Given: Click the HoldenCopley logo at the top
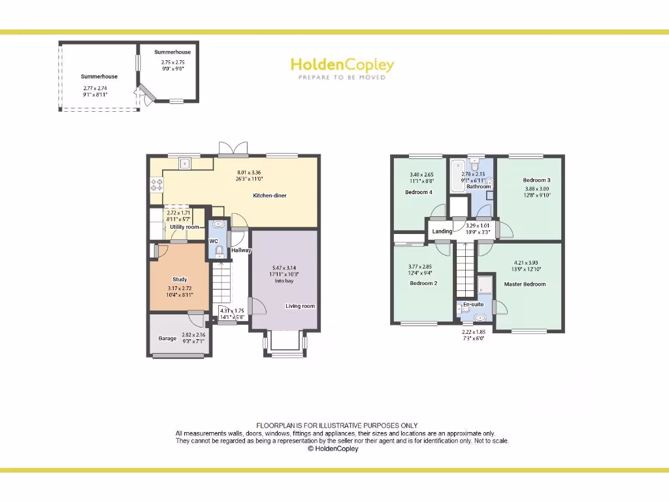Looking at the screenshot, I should (x=342, y=65).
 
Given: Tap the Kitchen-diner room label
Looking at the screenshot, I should (x=270, y=195).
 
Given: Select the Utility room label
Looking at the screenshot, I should (x=185, y=227).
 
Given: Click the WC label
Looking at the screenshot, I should (x=213, y=241).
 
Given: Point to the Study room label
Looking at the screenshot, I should (x=180, y=279).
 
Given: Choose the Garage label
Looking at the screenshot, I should (x=167, y=338).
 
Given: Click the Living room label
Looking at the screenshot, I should (x=300, y=306).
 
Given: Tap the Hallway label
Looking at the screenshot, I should (x=241, y=250).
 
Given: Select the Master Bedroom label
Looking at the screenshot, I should (x=525, y=284).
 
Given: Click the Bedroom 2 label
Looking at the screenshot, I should (x=423, y=284).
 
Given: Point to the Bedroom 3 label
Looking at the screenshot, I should (x=536, y=180).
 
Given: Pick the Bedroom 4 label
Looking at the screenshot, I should (x=418, y=192).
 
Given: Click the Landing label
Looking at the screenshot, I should (x=442, y=231).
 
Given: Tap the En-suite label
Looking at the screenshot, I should (x=473, y=305).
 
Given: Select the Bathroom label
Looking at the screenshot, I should (x=478, y=186).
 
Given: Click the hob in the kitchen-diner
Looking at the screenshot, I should (x=157, y=185).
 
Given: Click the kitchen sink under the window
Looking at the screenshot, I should (x=185, y=163).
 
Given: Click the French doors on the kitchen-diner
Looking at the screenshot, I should (x=233, y=150).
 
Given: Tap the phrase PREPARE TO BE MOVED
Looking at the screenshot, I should (x=342, y=78).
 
